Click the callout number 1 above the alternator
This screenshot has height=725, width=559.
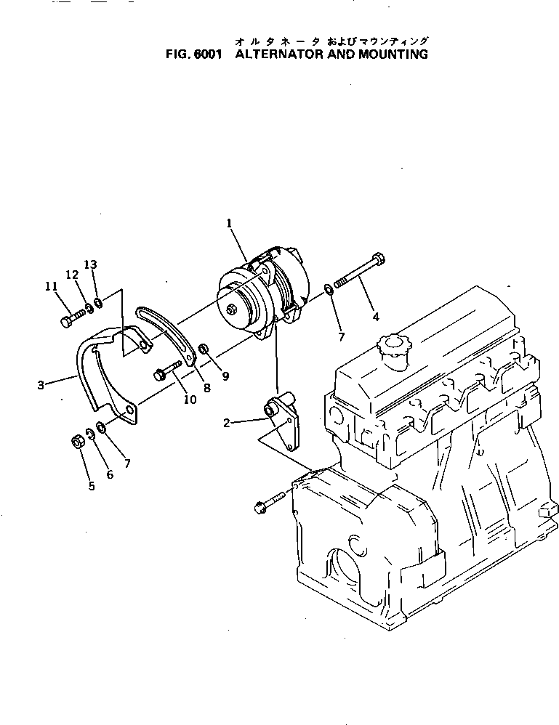(229, 224)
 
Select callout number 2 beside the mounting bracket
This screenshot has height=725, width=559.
(227, 422)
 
